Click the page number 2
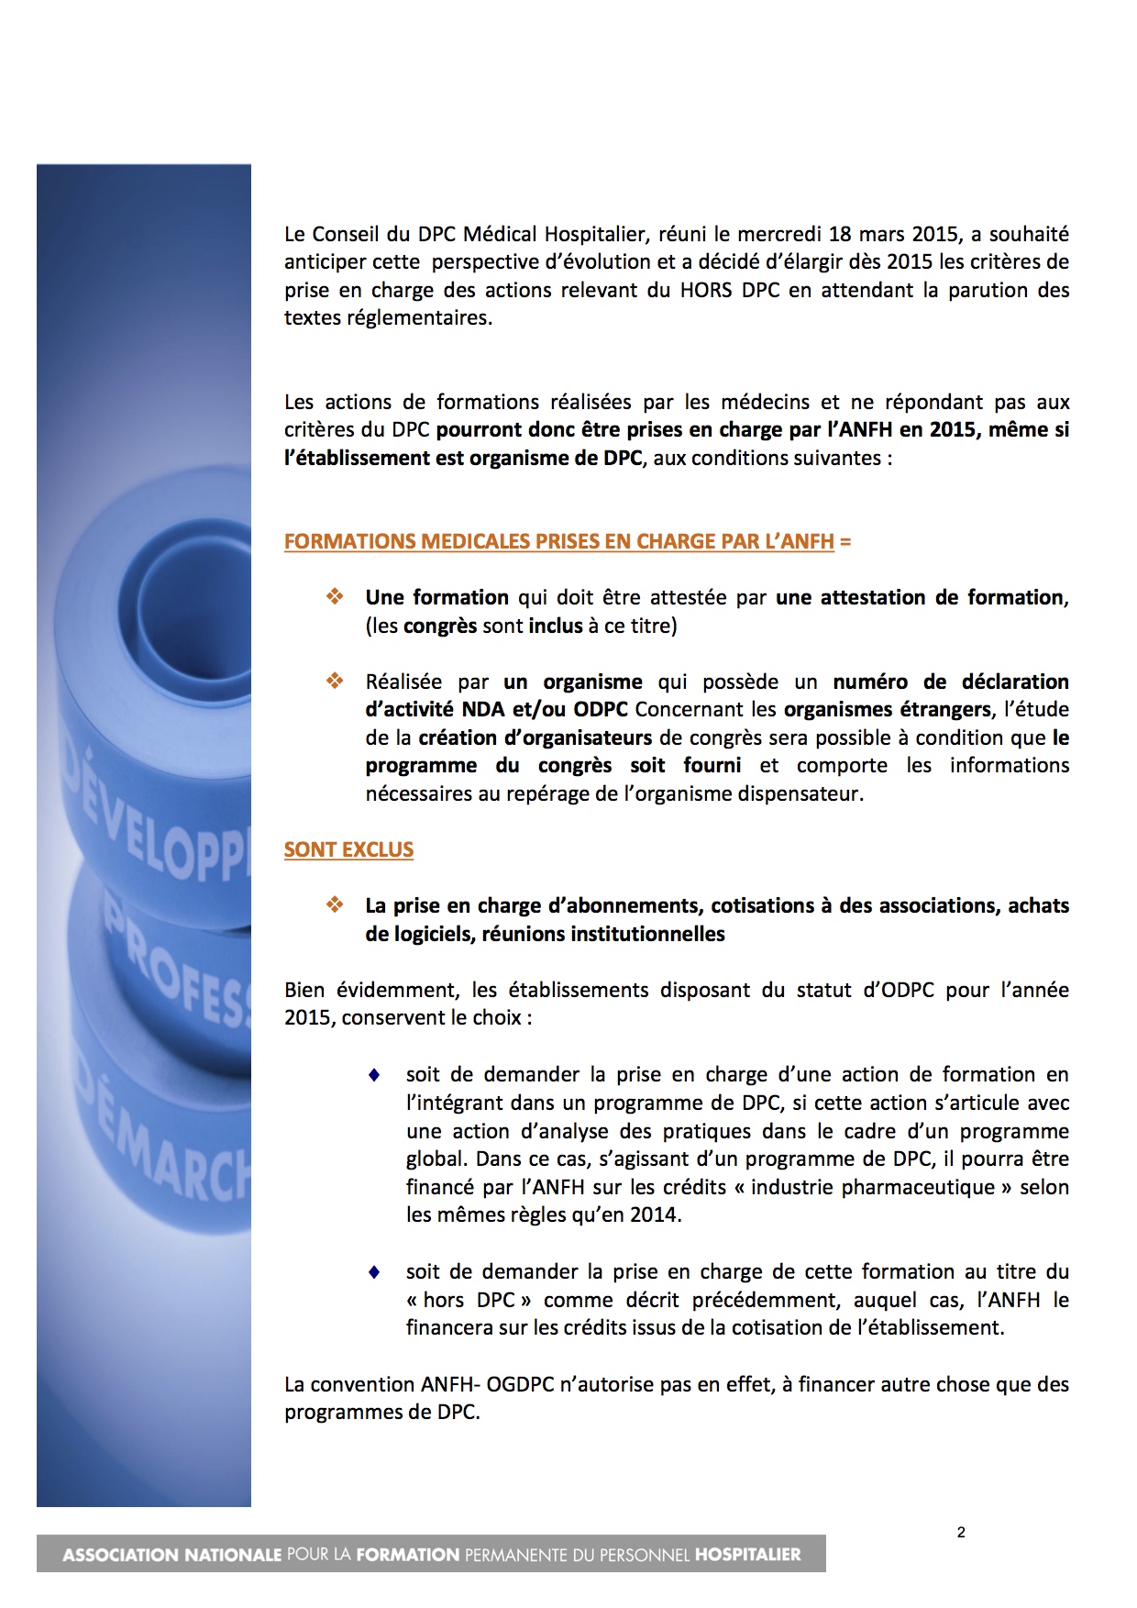tap(961, 1531)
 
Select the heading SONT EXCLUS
tap(348, 850)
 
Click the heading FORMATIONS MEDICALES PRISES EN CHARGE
tap(558, 542)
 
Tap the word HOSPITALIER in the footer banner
tap(748, 1555)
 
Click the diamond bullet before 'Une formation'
tap(335, 597)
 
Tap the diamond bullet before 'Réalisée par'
tap(335, 682)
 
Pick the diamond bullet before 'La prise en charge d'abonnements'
tap(335, 905)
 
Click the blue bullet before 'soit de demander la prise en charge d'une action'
tap(374, 1075)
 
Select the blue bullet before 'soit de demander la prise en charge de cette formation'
tap(374, 1272)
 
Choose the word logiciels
tap(405, 935)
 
